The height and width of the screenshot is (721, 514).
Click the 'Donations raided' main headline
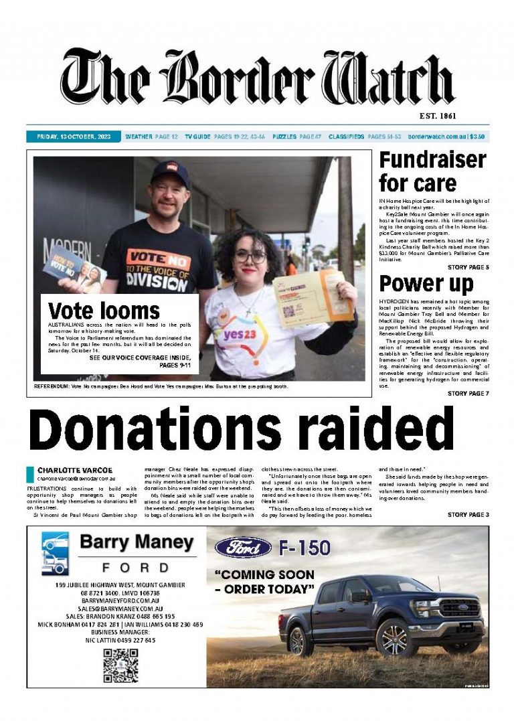click(x=242, y=429)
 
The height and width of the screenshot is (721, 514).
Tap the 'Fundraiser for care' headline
click(x=432, y=171)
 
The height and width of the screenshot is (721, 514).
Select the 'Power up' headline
click(x=426, y=284)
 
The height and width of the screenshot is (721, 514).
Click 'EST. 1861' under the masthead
click(x=437, y=116)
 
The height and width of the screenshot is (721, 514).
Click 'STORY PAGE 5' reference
click(x=468, y=268)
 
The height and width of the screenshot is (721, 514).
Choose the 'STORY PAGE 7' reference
click(x=468, y=394)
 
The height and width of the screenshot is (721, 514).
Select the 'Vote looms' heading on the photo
click(x=104, y=311)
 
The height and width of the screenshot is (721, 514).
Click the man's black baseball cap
click(x=170, y=172)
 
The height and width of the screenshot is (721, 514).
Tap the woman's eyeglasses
click(x=250, y=257)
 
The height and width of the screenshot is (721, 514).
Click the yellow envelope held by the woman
click(x=314, y=299)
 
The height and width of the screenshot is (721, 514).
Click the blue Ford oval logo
click(x=242, y=548)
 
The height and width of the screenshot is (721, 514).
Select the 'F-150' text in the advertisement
click(x=305, y=548)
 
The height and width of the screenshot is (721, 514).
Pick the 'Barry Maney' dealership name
click(x=137, y=542)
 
